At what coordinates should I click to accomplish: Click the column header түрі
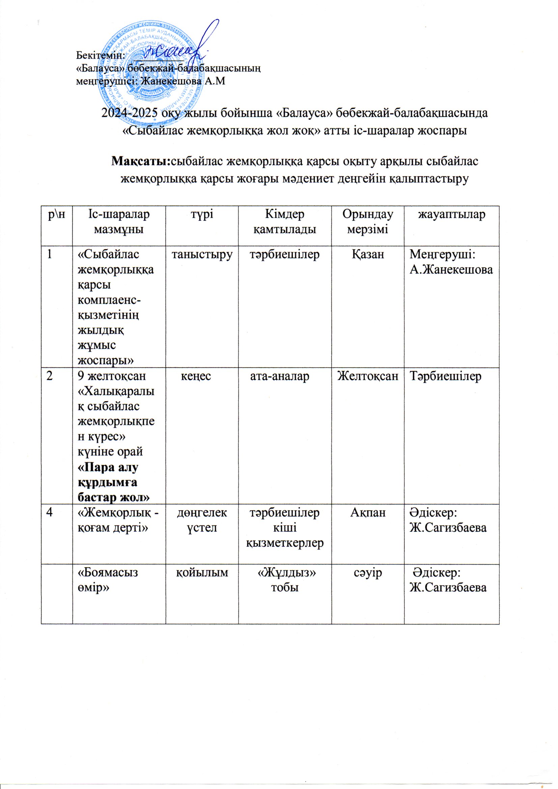(x=202, y=214)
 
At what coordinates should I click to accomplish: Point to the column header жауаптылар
(x=451, y=214)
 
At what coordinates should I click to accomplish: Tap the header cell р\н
(x=57, y=214)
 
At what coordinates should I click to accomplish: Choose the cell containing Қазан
(x=367, y=255)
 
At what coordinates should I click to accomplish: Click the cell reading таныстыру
(x=202, y=255)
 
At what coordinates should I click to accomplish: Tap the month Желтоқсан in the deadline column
(x=367, y=376)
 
